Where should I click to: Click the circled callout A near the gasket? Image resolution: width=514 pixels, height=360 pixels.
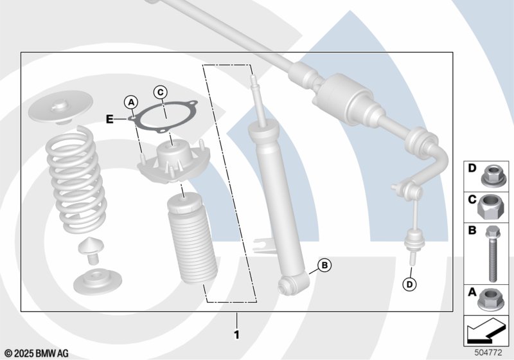(131, 102)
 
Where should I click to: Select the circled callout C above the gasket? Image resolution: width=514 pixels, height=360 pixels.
(160, 92)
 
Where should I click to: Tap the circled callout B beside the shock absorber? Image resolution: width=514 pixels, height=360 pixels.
(324, 265)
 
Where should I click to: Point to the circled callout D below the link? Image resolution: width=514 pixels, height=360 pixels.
(409, 284)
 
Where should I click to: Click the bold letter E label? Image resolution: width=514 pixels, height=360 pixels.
(109, 119)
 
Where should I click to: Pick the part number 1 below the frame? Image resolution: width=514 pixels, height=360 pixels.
(236, 335)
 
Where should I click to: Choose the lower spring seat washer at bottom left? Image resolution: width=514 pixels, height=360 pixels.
(98, 282)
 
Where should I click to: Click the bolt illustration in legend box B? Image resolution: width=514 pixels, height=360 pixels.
(492, 253)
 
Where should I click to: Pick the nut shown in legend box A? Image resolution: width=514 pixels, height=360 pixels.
(489, 300)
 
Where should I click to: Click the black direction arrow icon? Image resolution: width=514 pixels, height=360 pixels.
(484, 330)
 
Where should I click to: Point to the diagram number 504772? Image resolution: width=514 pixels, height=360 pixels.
(488, 352)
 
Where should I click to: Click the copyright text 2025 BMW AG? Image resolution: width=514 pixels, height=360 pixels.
(37, 354)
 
